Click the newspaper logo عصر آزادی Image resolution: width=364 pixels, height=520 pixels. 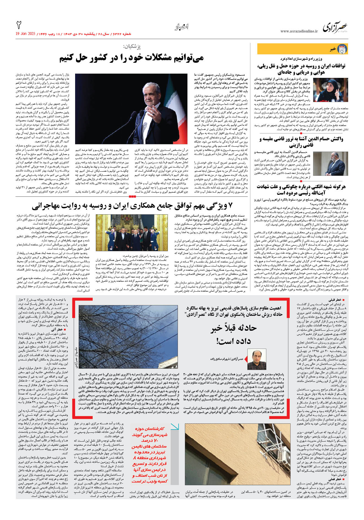click(x=335, y=27)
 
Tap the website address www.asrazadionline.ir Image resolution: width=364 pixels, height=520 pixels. click(x=299, y=31)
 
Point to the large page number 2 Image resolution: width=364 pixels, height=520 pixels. click(x=19, y=25)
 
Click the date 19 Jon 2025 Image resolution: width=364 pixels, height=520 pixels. click(x=26, y=34)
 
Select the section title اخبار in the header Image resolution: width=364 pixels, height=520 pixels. click(x=182, y=27)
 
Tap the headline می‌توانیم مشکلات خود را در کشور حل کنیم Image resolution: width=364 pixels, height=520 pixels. click(x=132, y=58)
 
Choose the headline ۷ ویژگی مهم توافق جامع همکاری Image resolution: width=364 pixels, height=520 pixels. click(x=132, y=206)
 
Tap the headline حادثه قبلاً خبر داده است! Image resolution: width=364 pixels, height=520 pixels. click(x=234, y=334)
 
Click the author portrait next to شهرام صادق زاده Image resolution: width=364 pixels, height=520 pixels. click(x=257, y=359)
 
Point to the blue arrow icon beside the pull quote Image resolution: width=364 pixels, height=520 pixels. click(x=175, y=427)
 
